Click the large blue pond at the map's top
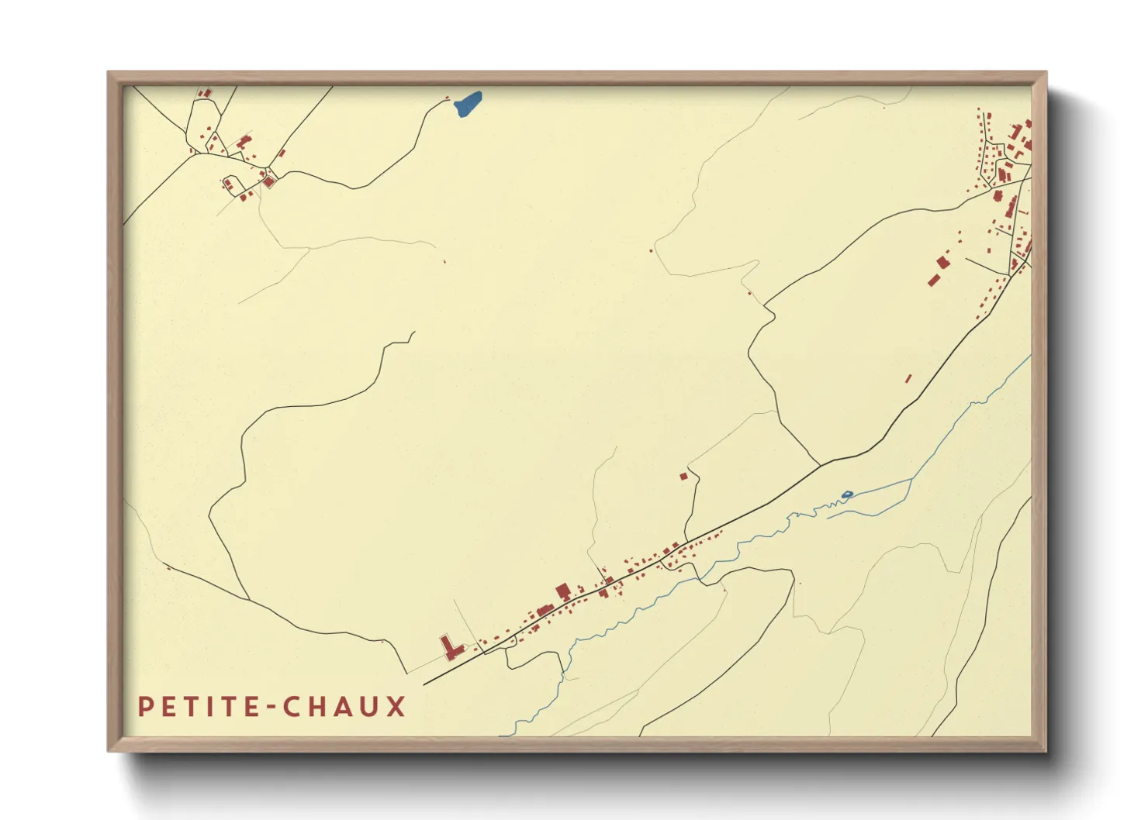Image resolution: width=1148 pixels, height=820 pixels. pos(469,103)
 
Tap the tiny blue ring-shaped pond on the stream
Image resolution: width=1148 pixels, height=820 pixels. pos(847,494)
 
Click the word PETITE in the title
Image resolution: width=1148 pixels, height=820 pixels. pos(198,707)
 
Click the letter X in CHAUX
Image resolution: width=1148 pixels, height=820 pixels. pos(396,707)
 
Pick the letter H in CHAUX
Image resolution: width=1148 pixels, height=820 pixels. pos(316,707)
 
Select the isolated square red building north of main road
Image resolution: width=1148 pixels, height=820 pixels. pos(683,477)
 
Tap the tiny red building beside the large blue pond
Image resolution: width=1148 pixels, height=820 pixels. pos(447,98)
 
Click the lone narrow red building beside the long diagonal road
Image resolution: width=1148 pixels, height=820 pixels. pos(909,378)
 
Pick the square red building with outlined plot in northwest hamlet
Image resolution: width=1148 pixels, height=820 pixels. pos(269,182)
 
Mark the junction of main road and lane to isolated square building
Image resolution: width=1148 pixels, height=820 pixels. pos(685,541)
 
